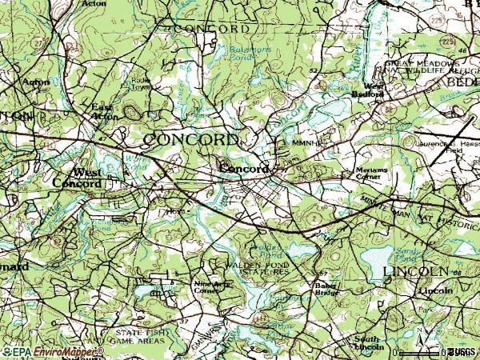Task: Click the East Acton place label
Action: coord(104,111)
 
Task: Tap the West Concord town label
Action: coord(77,178)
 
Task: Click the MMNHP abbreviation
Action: coord(306,144)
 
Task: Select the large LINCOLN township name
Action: coord(411,272)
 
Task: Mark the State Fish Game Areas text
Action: coord(141,334)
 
